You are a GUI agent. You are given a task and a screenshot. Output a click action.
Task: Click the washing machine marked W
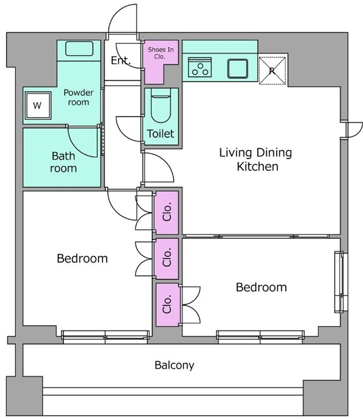pos(38,105)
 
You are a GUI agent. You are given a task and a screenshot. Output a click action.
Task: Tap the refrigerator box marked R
pos(273,71)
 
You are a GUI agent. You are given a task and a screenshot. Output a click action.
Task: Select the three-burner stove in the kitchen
pos(200,67)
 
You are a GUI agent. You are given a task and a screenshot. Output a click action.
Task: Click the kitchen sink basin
pos(237,68)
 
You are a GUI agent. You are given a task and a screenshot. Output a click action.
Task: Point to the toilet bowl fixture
pos(161,105)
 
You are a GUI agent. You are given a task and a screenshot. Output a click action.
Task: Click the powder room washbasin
pos(79,48)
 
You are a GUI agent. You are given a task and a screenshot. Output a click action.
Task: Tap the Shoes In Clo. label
pos(161,53)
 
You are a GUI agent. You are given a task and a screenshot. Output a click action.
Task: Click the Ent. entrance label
pos(120,60)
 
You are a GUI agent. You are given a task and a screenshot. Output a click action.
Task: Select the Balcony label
pos(175,365)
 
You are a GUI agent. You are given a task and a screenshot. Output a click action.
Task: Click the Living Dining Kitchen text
pos(256,159)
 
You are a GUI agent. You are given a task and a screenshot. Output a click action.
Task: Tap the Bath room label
pos(63,162)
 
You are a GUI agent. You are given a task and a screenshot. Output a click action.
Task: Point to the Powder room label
pos(78,98)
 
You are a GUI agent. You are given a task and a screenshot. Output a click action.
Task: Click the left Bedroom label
pos(82,259)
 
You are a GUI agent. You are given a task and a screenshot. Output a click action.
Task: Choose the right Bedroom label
pos(262,287)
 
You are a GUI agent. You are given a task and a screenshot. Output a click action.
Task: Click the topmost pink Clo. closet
pos(167,213)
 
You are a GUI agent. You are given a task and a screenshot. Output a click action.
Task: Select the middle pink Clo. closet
pos(167,259)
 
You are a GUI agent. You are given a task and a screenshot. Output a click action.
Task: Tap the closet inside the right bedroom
pos(167,305)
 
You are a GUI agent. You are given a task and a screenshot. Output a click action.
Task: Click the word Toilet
pos(161,134)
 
